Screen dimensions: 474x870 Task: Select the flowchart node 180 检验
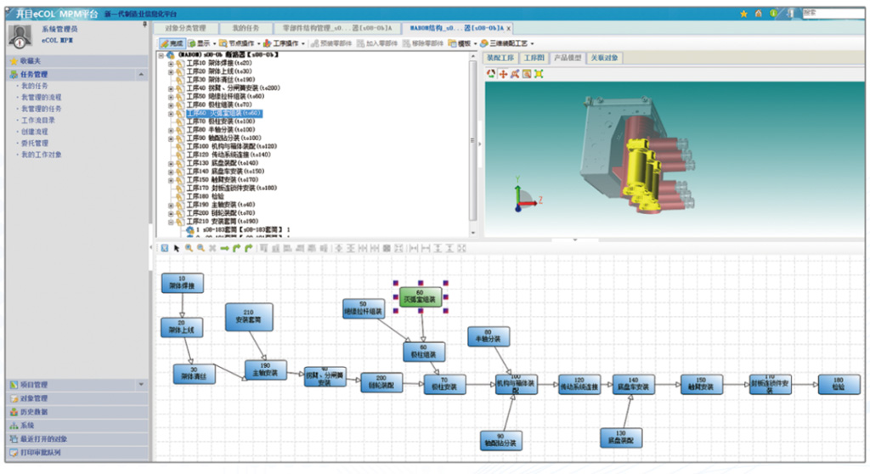[838, 383]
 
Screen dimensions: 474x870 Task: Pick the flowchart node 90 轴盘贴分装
[500, 439]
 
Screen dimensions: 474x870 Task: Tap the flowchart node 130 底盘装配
[622, 438]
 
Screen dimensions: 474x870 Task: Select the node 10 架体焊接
[182, 284]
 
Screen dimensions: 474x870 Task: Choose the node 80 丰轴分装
[487, 336]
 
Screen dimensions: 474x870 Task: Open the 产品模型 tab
[568, 59]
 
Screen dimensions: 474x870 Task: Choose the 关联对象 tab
[604, 59]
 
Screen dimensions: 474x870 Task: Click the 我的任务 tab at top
[247, 28]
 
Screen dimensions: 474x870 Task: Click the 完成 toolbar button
[172, 42]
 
